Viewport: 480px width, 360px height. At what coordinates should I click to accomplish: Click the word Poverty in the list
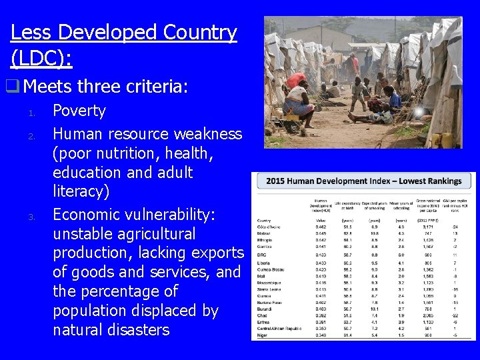point(79,111)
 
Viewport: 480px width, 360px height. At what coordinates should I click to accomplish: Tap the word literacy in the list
point(80,192)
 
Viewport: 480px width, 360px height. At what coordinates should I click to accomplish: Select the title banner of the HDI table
point(363,181)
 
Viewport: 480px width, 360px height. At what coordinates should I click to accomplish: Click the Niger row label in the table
point(264,335)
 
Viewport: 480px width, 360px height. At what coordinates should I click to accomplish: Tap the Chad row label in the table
point(264,316)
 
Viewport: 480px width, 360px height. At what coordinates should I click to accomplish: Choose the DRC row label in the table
point(264,255)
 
